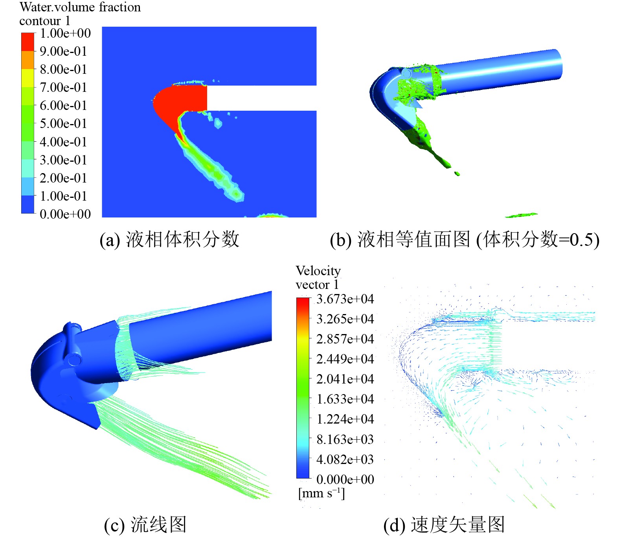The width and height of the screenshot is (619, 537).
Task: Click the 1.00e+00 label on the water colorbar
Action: (x=65, y=33)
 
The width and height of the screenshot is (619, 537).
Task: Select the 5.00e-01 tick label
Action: (x=63, y=124)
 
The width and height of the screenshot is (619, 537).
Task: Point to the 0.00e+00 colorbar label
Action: (x=65, y=214)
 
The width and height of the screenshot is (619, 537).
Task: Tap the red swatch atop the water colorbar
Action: (x=28, y=42)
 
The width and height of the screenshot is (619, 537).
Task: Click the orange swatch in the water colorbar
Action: (x=28, y=60)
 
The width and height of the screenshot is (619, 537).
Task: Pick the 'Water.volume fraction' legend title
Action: (x=80, y=7)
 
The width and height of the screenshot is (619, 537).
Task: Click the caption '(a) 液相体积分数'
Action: (x=169, y=239)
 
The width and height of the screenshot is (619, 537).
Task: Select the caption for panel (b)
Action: (x=465, y=239)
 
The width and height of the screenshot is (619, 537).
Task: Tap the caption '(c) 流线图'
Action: (x=145, y=525)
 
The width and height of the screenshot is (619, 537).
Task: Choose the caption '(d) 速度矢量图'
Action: (x=444, y=525)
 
